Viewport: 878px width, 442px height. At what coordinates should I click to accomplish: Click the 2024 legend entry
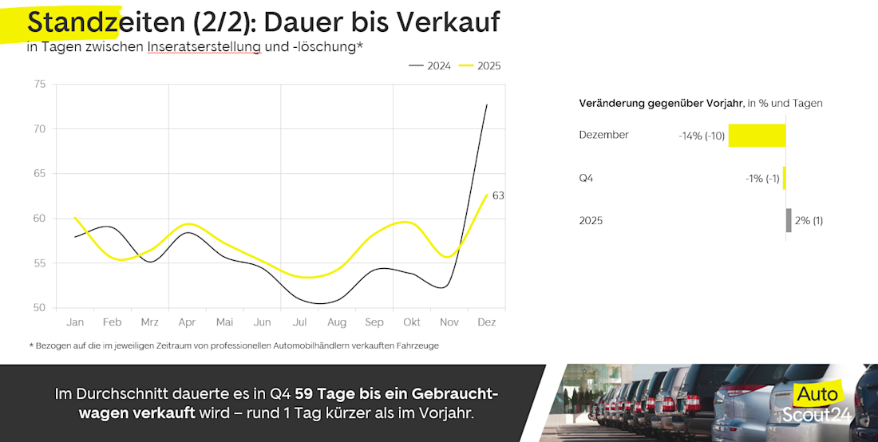pyautogui.click(x=430, y=65)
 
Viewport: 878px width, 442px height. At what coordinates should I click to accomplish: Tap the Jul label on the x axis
pyautogui.click(x=300, y=322)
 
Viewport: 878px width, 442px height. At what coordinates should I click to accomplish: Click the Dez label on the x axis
pyautogui.click(x=486, y=322)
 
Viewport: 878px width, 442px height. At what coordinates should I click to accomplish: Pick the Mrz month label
pyautogui.click(x=149, y=322)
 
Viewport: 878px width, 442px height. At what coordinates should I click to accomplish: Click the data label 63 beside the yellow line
pyautogui.click(x=498, y=195)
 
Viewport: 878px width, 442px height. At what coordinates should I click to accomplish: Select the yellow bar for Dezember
pyautogui.click(x=757, y=135)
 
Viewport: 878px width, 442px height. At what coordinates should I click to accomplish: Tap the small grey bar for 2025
pyautogui.click(x=789, y=220)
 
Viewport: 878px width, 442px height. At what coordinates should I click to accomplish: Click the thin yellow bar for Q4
pyautogui.click(x=785, y=178)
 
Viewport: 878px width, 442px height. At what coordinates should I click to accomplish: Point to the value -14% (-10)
pyautogui.click(x=702, y=136)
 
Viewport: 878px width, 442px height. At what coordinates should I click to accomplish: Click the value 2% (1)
pyautogui.click(x=809, y=221)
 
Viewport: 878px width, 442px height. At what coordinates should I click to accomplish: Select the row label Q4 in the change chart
pyautogui.click(x=586, y=178)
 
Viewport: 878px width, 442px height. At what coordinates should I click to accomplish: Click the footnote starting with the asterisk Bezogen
pyautogui.click(x=233, y=345)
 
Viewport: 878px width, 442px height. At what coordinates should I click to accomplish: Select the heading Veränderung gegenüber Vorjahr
pyautogui.click(x=661, y=103)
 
